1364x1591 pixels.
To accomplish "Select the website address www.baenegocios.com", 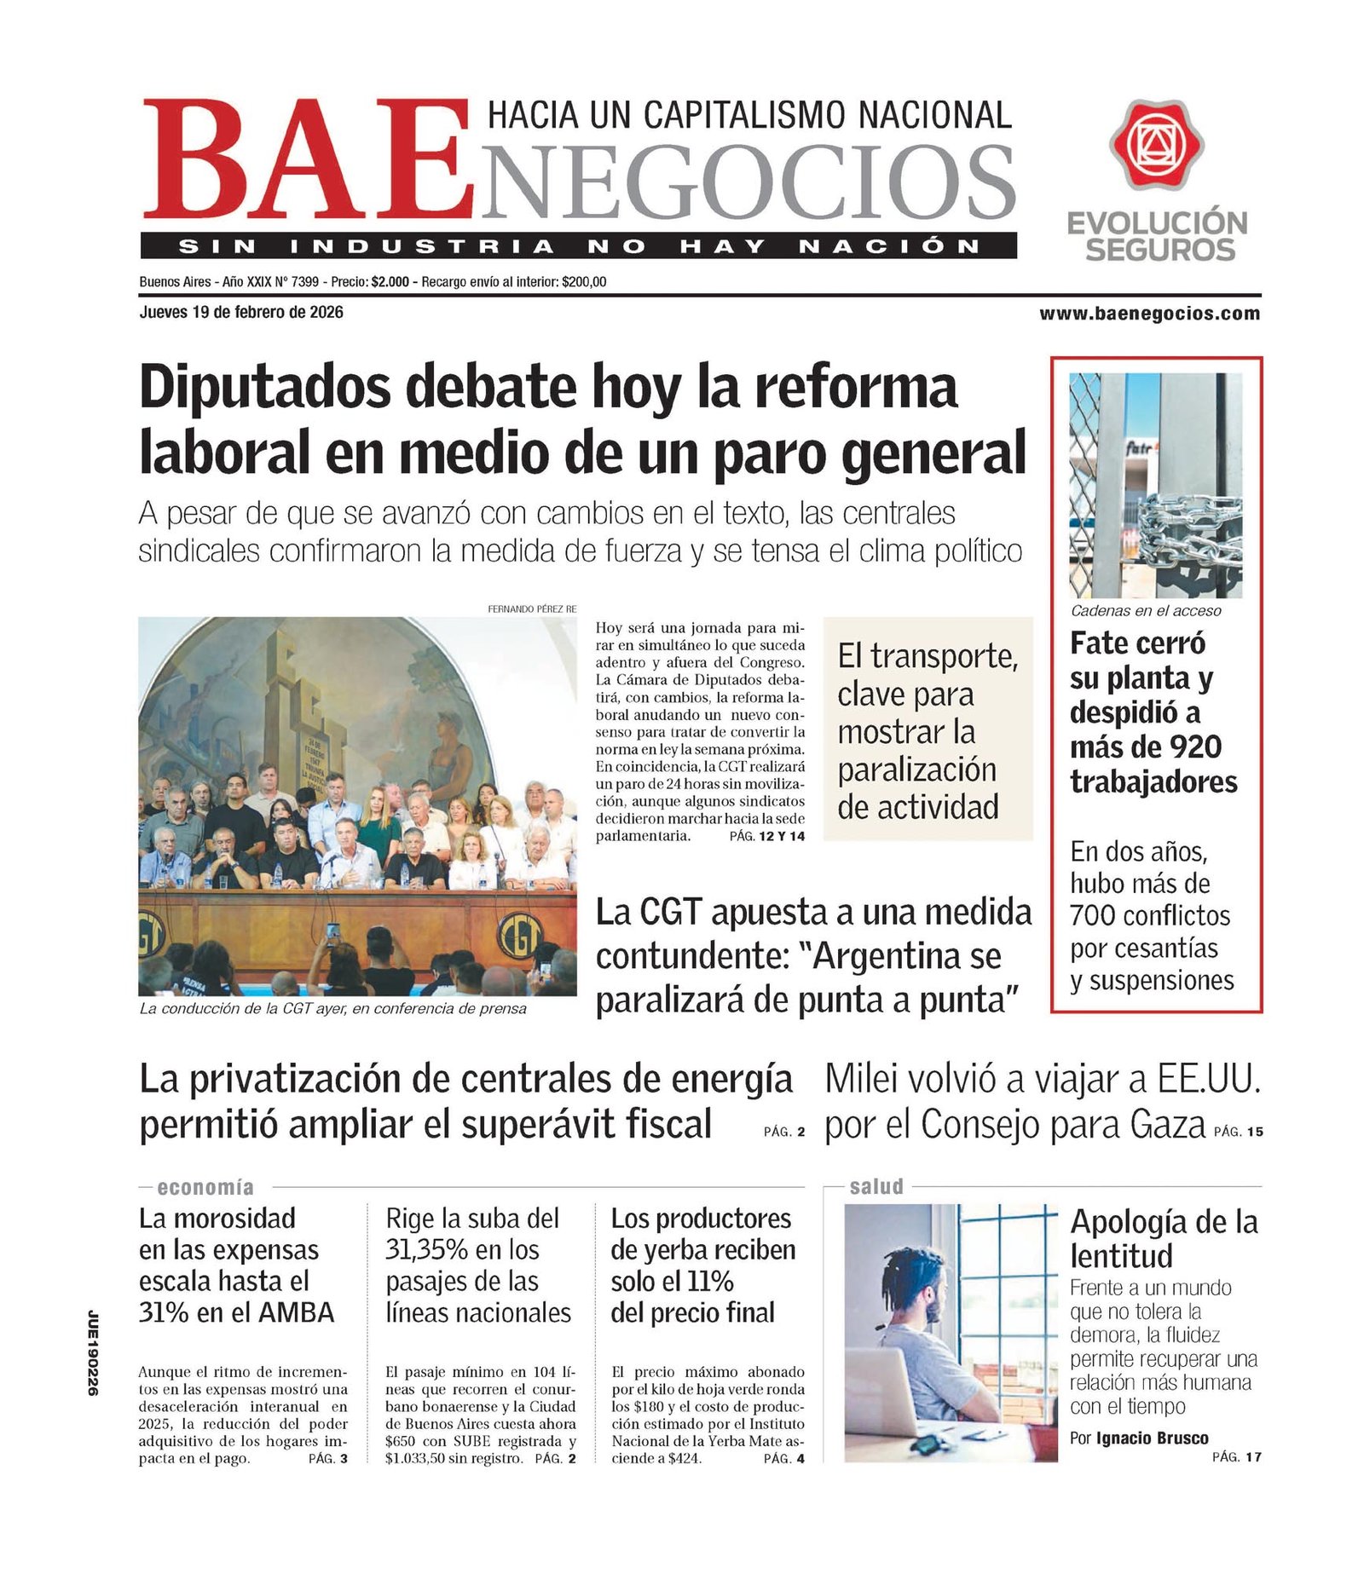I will click(x=1149, y=314).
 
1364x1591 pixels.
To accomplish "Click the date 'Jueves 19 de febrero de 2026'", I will click(x=241, y=312).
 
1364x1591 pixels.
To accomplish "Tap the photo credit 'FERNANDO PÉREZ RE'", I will click(x=532, y=608).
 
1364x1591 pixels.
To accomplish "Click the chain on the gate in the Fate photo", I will click(x=1190, y=528).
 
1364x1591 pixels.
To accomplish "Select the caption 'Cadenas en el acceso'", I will click(x=1146, y=610).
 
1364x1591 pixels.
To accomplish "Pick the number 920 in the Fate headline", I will click(x=1195, y=747).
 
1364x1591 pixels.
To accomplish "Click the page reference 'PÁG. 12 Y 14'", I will click(x=766, y=836).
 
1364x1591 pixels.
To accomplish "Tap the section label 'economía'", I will click(x=205, y=1187).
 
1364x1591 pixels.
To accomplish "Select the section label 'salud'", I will click(x=876, y=1186).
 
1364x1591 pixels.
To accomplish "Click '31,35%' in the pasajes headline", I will click(x=426, y=1250).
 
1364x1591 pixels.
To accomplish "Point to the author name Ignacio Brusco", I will click(x=1152, y=1438).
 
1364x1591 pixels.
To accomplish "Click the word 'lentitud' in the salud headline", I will click(x=1121, y=1256).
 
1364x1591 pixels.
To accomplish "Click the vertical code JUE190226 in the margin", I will click(x=94, y=1352).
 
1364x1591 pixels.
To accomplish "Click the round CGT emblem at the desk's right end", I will click(x=519, y=935).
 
